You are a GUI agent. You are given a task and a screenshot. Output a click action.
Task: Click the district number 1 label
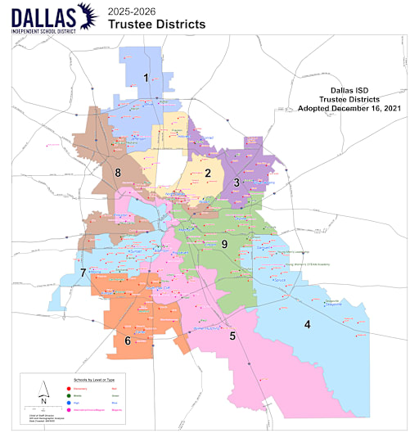pyautogui.click(x=146, y=78)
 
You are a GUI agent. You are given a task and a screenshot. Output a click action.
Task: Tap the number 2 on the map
pyautogui.click(x=208, y=173)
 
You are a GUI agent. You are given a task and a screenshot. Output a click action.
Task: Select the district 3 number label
pyautogui.click(x=237, y=182)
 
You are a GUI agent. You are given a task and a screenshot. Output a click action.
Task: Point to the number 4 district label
pyautogui.click(x=307, y=324)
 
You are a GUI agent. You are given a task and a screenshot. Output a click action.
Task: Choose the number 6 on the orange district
pyautogui.click(x=127, y=340)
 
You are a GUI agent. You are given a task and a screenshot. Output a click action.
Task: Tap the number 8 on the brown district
pyautogui.click(x=118, y=172)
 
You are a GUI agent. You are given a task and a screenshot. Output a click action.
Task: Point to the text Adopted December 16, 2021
pyautogui.click(x=347, y=108)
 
